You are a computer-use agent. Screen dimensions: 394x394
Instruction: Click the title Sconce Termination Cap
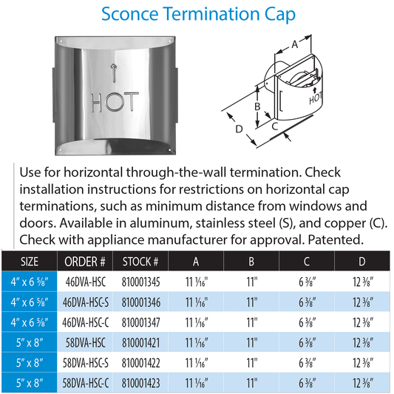(197, 14)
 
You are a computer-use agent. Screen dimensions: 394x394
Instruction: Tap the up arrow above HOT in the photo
(113, 71)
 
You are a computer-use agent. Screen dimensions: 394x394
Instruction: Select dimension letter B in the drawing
(257, 106)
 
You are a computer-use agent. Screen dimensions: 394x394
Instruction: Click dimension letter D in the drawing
(239, 130)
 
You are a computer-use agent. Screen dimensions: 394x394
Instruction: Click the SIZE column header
(29, 262)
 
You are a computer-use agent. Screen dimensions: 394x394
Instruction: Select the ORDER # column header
(85, 262)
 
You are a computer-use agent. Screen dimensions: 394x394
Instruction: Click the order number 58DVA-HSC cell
(85, 343)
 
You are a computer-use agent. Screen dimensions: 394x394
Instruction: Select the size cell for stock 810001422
(29, 363)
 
